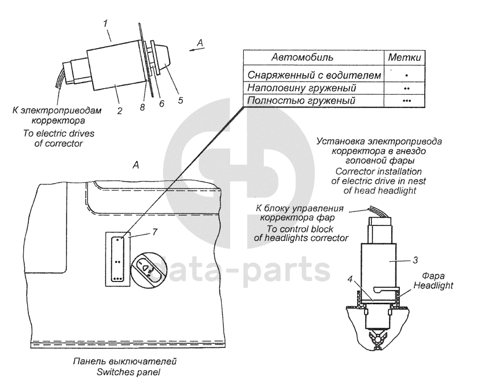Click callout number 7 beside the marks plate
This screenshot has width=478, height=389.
[x=155, y=232]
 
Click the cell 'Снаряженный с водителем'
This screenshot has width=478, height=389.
[x=314, y=75]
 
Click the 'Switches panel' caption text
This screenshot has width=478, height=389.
[x=125, y=372]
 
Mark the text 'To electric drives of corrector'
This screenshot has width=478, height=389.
[x=58, y=139]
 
